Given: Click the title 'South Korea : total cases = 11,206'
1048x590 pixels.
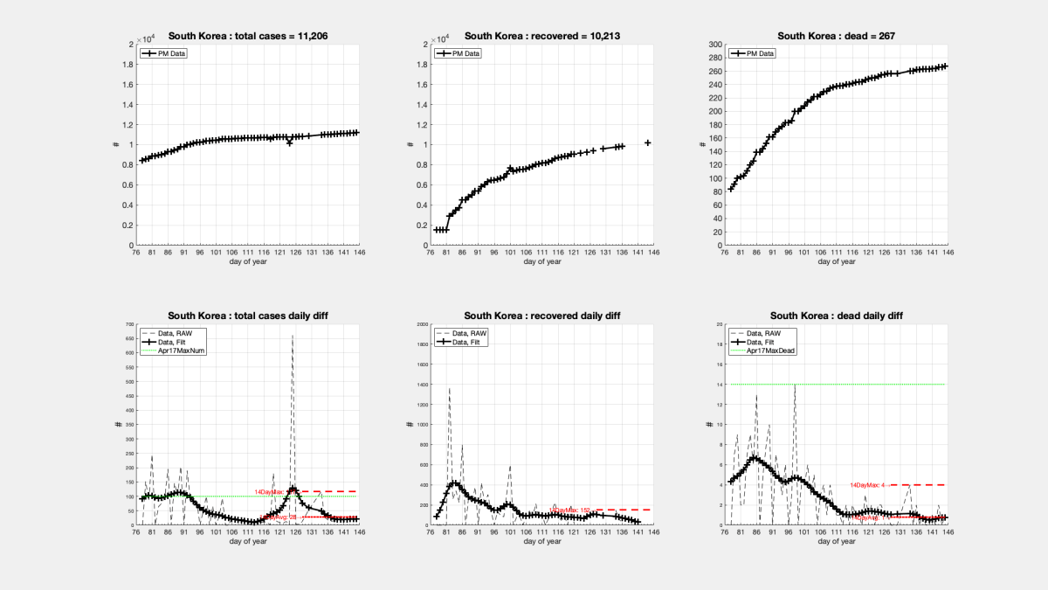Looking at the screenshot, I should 248,36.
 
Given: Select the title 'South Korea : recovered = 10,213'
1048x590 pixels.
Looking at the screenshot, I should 541,36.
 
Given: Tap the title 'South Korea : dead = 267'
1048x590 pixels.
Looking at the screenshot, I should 838,36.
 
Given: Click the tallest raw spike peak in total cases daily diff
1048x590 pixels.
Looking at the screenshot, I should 292,336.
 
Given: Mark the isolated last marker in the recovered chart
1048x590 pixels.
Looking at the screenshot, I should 647,142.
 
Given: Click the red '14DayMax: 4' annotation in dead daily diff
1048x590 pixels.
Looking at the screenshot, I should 867,484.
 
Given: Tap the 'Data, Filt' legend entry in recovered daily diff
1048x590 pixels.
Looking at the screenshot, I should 470,342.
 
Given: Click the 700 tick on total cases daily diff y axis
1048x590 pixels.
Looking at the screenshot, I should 128,324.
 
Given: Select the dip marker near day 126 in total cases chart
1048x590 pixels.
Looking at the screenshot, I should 290,142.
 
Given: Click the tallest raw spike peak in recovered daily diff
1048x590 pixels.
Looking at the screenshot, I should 449,388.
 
